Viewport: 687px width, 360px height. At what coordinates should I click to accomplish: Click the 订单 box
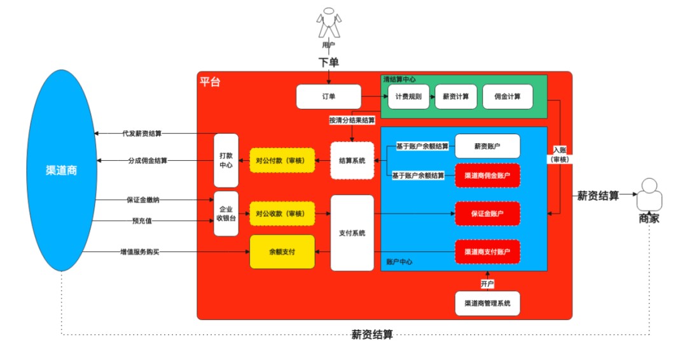pos(328,97)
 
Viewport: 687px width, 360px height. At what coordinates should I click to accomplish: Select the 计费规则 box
pos(408,97)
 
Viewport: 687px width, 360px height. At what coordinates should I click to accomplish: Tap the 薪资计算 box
pos(455,97)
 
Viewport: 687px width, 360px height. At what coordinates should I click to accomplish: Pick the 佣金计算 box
pos(507,97)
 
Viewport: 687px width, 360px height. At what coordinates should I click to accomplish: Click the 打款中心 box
pos(226,160)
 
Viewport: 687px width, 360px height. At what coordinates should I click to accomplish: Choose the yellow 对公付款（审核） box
pos(282,161)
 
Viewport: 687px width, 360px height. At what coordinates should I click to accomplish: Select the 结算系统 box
pos(352,161)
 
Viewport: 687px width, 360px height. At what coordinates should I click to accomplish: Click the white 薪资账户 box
pos(487,146)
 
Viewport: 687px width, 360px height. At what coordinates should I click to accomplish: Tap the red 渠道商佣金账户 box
pos(487,176)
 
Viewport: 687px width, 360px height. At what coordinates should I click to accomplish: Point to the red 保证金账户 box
pos(487,214)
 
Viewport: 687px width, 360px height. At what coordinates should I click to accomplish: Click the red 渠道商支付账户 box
pos(487,252)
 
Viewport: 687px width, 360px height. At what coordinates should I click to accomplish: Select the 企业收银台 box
pos(226,214)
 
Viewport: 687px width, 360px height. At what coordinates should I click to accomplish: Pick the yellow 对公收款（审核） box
pos(282,214)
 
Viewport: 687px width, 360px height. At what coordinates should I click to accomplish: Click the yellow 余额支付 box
pos(282,252)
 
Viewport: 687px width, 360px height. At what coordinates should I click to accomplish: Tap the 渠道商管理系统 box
pos(487,303)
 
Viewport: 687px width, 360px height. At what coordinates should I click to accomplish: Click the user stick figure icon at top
pos(329,24)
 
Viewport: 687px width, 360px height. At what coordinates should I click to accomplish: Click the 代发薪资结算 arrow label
pos(142,134)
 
